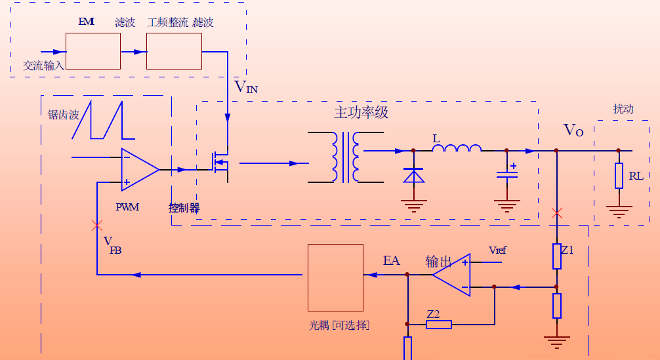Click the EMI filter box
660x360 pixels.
pos(93,51)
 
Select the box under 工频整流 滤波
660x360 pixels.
pos(174,51)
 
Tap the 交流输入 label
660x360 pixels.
pos(44,66)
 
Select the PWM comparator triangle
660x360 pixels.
pos(138,169)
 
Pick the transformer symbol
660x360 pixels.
pos(346,157)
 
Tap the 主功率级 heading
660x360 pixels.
pos(361,112)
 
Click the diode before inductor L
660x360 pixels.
pos(413,175)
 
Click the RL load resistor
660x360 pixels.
pos(619,175)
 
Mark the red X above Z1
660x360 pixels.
pos(557,213)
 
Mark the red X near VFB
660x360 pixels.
pos(97,225)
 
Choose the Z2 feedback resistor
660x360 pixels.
pos(438,324)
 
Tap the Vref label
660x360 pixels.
pos(497,250)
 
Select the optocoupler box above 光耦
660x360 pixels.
pos(335,277)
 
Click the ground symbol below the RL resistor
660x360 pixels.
pos(619,211)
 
